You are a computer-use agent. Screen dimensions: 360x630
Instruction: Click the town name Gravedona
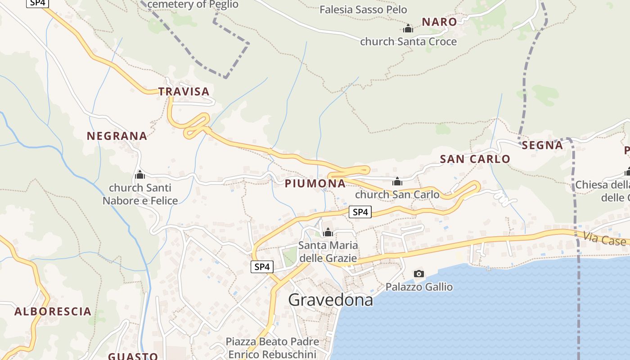(330, 300)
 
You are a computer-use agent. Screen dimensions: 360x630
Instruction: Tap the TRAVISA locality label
(184, 92)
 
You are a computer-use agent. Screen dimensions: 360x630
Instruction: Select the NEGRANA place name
(117, 136)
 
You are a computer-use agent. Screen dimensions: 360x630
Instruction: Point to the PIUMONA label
(315, 184)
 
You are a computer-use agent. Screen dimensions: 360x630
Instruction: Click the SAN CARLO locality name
(475, 159)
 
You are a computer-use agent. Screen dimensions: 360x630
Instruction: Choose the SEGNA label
(542, 145)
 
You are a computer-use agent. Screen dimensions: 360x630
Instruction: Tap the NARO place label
(439, 22)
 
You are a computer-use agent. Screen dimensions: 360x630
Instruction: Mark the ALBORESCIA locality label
(53, 311)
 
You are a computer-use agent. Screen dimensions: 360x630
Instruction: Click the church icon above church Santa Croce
(408, 29)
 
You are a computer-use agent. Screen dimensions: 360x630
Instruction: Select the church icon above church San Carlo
(397, 181)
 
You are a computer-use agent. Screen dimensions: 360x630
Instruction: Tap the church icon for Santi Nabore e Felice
(140, 175)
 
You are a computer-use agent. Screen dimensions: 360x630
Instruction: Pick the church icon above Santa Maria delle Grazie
(328, 232)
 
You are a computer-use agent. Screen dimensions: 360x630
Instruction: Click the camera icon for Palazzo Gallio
(418, 274)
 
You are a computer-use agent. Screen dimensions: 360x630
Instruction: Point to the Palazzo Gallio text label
(419, 287)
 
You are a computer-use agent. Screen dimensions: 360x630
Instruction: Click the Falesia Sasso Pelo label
(363, 9)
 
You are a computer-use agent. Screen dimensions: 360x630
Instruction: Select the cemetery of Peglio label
(193, 4)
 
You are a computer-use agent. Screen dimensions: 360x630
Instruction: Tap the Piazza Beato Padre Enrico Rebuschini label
(272, 348)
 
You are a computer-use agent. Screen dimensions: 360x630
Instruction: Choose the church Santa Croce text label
(408, 42)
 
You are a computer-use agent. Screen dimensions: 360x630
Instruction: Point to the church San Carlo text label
(397, 195)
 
